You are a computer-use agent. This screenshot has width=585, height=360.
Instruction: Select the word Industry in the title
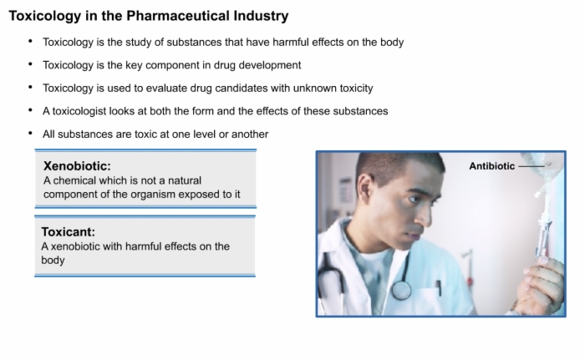(261, 16)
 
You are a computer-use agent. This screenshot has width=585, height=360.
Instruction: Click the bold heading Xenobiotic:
(77, 165)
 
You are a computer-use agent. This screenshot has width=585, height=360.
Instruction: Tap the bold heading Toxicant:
(69, 231)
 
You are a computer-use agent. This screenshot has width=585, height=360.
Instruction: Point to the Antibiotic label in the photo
(491, 166)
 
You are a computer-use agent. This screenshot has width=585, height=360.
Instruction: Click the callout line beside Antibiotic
(532, 166)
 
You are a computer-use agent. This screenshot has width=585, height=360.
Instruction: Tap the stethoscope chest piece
(401, 289)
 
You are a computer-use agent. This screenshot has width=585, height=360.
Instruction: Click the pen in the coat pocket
(439, 288)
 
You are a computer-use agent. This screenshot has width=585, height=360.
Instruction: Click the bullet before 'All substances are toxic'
(31, 134)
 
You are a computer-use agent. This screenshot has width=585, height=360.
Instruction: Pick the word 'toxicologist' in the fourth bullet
(79, 112)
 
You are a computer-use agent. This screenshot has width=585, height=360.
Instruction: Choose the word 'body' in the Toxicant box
(53, 260)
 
